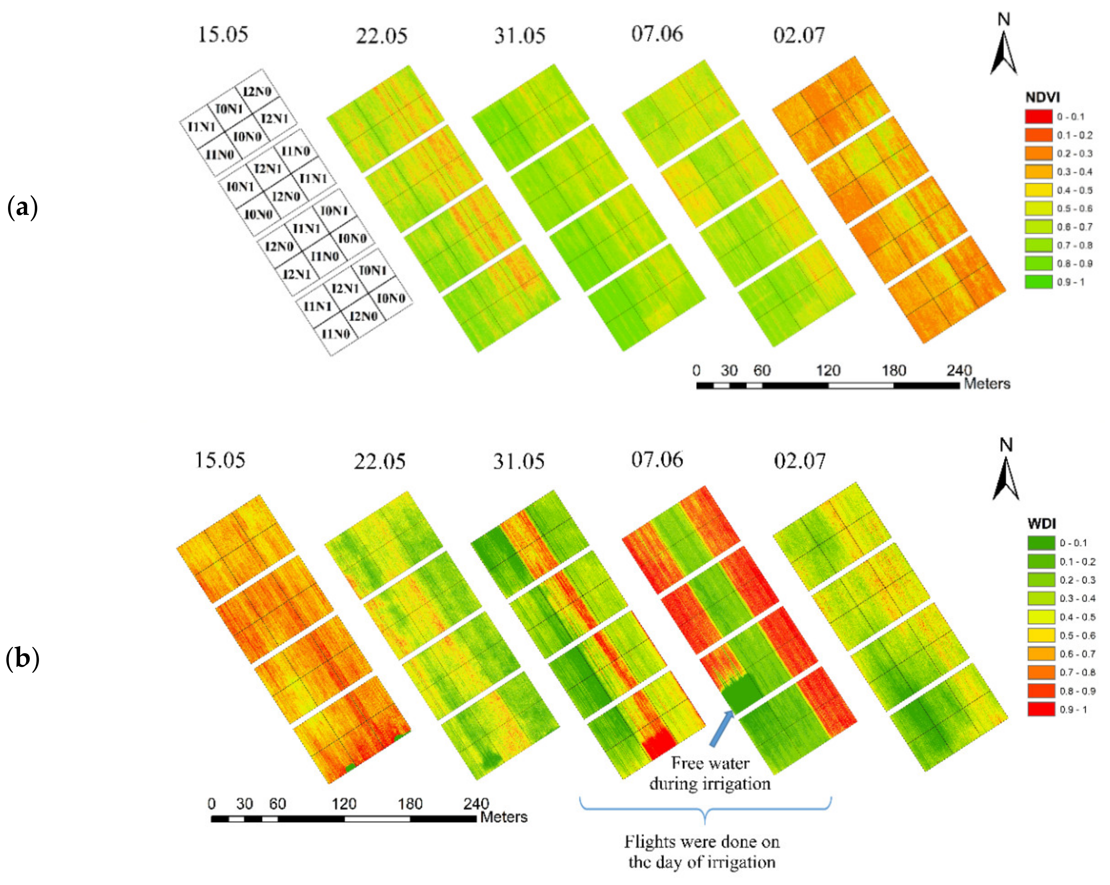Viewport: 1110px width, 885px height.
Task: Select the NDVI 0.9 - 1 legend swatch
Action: pos(1038,282)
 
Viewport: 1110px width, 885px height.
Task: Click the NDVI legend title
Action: pos(1042,97)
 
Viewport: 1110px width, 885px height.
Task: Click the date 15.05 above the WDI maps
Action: pos(220,460)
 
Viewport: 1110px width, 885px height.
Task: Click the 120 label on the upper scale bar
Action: pos(828,370)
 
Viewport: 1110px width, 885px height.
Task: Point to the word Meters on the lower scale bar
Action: pos(504,817)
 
